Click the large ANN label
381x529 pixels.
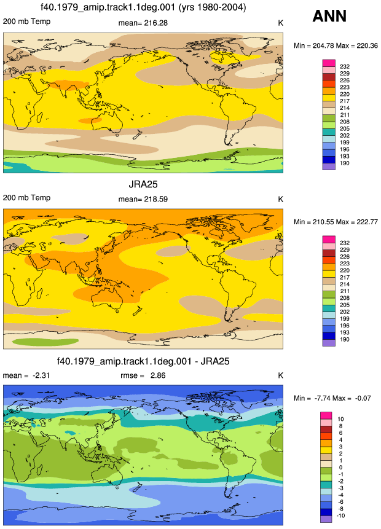pyautogui.click(x=329, y=16)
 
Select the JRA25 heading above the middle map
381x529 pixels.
pyautogui.click(x=143, y=184)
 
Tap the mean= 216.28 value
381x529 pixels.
pyautogui.click(x=143, y=23)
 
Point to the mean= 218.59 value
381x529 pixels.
pyautogui.click(x=143, y=199)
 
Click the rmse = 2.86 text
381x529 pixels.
pyautogui.click(x=143, y=375)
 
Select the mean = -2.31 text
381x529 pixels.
pyautogui.click(x=26, y=375)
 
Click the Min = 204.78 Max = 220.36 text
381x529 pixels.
pyautogui.click(x=336, y=45)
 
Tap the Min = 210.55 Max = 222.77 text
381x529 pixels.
pyautogui.click(x=336, y=222)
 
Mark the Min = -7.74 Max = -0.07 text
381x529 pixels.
pyautogui.click(x=332, y=398)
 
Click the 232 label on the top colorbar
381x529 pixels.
pyautogui.click(x=345, y=66)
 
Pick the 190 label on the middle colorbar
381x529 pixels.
pyautogui.click(x=345, y=339)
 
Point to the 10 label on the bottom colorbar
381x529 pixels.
pyautogui.click(x=340, y=419)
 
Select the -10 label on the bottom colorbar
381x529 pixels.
pyautogui.click(x=341, y=515)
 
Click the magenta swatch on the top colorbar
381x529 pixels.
pyautogui.click(x=329, y=63)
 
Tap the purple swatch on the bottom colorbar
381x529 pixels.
pyautogui.click(x=326, y=519)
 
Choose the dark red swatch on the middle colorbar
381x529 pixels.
pyautogui.click(x=329, y=253)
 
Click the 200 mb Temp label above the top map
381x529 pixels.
pyautogui.click(x=26, y=22)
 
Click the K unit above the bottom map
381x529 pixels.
pyautogui.click(x=280, y=375)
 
